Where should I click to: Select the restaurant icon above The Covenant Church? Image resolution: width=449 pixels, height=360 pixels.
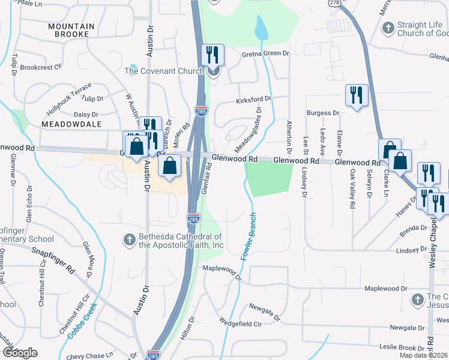pyautogui.click(x=212, y=55)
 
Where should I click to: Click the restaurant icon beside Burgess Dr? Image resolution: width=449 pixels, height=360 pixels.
pyautogui.click(x=357, y=95)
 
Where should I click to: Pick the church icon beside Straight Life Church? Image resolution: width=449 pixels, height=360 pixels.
pyautogui.click(x=388, y=28)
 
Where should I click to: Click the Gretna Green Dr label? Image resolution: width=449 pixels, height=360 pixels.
pyautogui.click(x=265, y=54)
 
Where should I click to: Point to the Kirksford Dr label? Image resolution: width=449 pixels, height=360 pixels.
pyautogui.click(x=254, y=99)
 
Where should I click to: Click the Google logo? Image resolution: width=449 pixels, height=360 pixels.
pyautogui.click(x=20, y=353)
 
